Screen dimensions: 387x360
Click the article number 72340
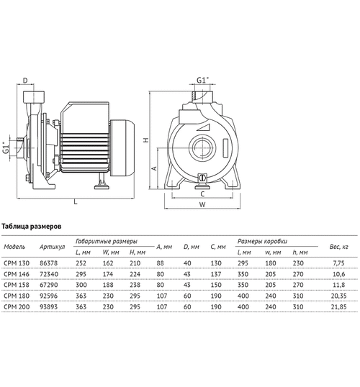(53, 274)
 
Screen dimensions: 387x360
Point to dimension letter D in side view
(25, 80)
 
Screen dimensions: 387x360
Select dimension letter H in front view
(146, 142)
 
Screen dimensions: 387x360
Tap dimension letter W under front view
(202, 205)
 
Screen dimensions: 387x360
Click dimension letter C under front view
(202, 193)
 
